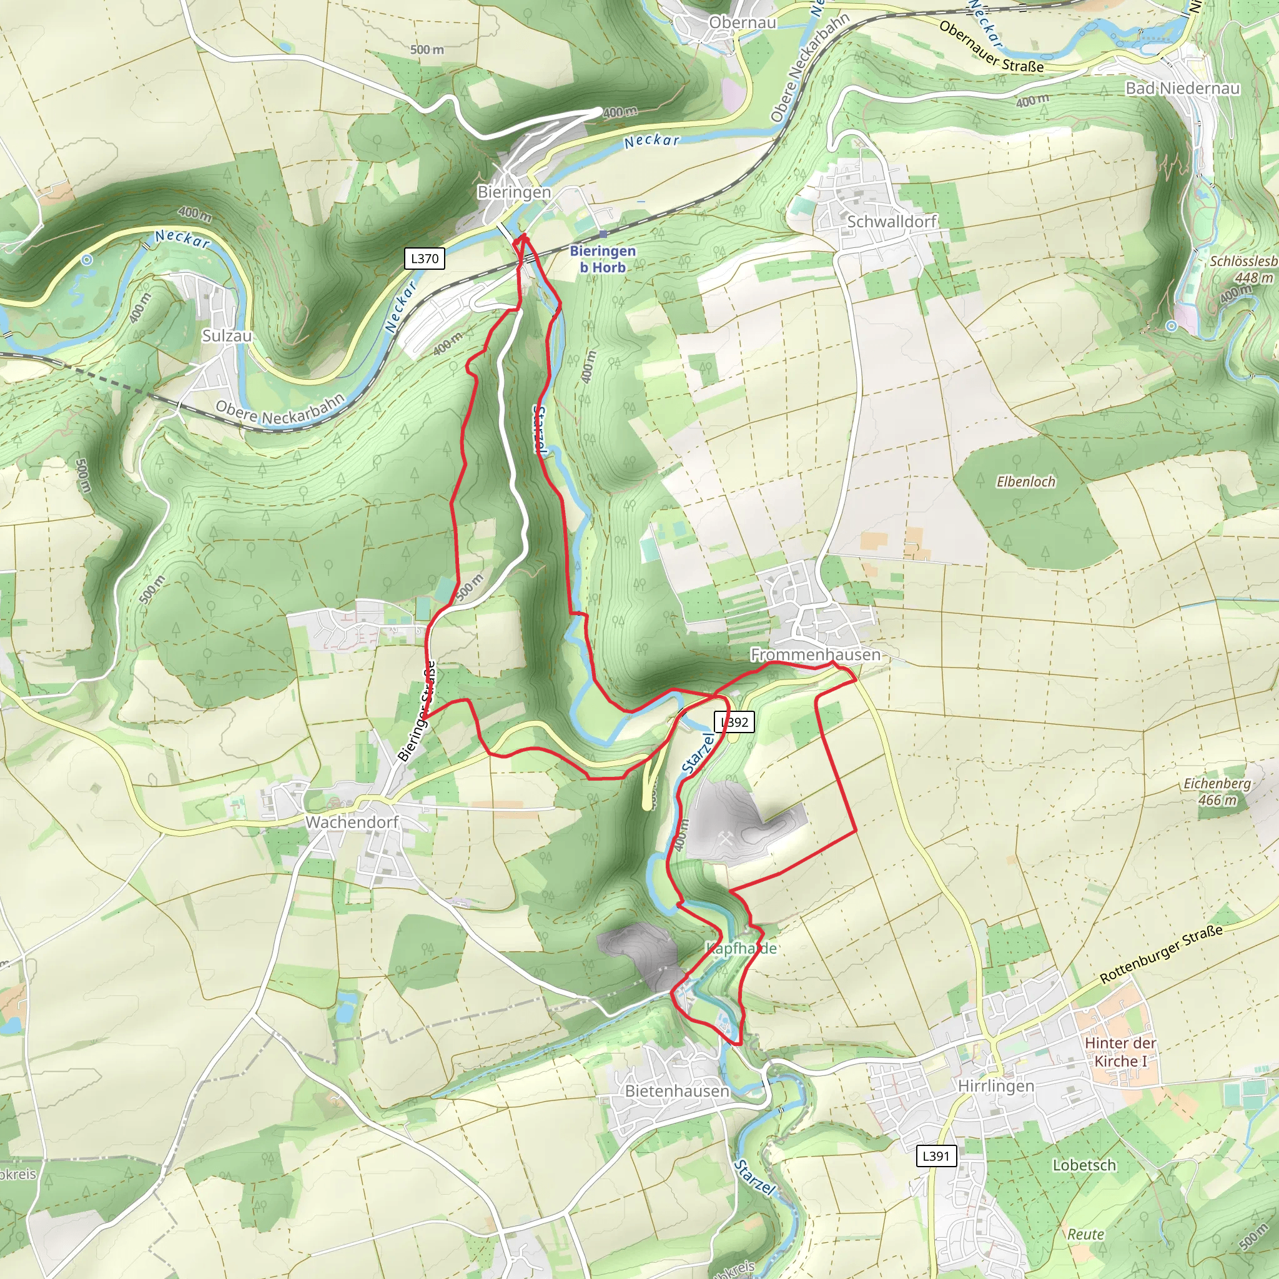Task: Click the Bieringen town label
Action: click(x=514, y=192)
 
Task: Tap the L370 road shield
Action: click(x=424, y=258)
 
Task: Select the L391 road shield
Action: click(x=936, y=1156)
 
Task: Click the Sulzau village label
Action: click(x=227, y=335)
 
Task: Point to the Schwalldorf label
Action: click(x=891, y=221)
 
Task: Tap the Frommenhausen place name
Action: click(x=815, y=654)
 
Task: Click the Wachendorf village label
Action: click(x=352, y=822)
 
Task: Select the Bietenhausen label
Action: click(x=676, y=1090)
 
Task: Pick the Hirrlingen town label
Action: click(x=995, y=1085)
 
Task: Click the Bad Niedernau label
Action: click(x=1182, y=88)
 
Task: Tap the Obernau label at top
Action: click(x=742, y=22)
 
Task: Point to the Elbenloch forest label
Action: click(x=1025, y=482)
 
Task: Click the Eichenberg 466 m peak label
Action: click(x=1217, y=791)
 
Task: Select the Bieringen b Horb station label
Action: click(x=603, y=259)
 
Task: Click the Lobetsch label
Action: click(x=1084, y=1165)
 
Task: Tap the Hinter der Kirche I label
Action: click(x=1120, y=1052)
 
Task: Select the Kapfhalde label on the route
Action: click(x=741, y=948)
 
